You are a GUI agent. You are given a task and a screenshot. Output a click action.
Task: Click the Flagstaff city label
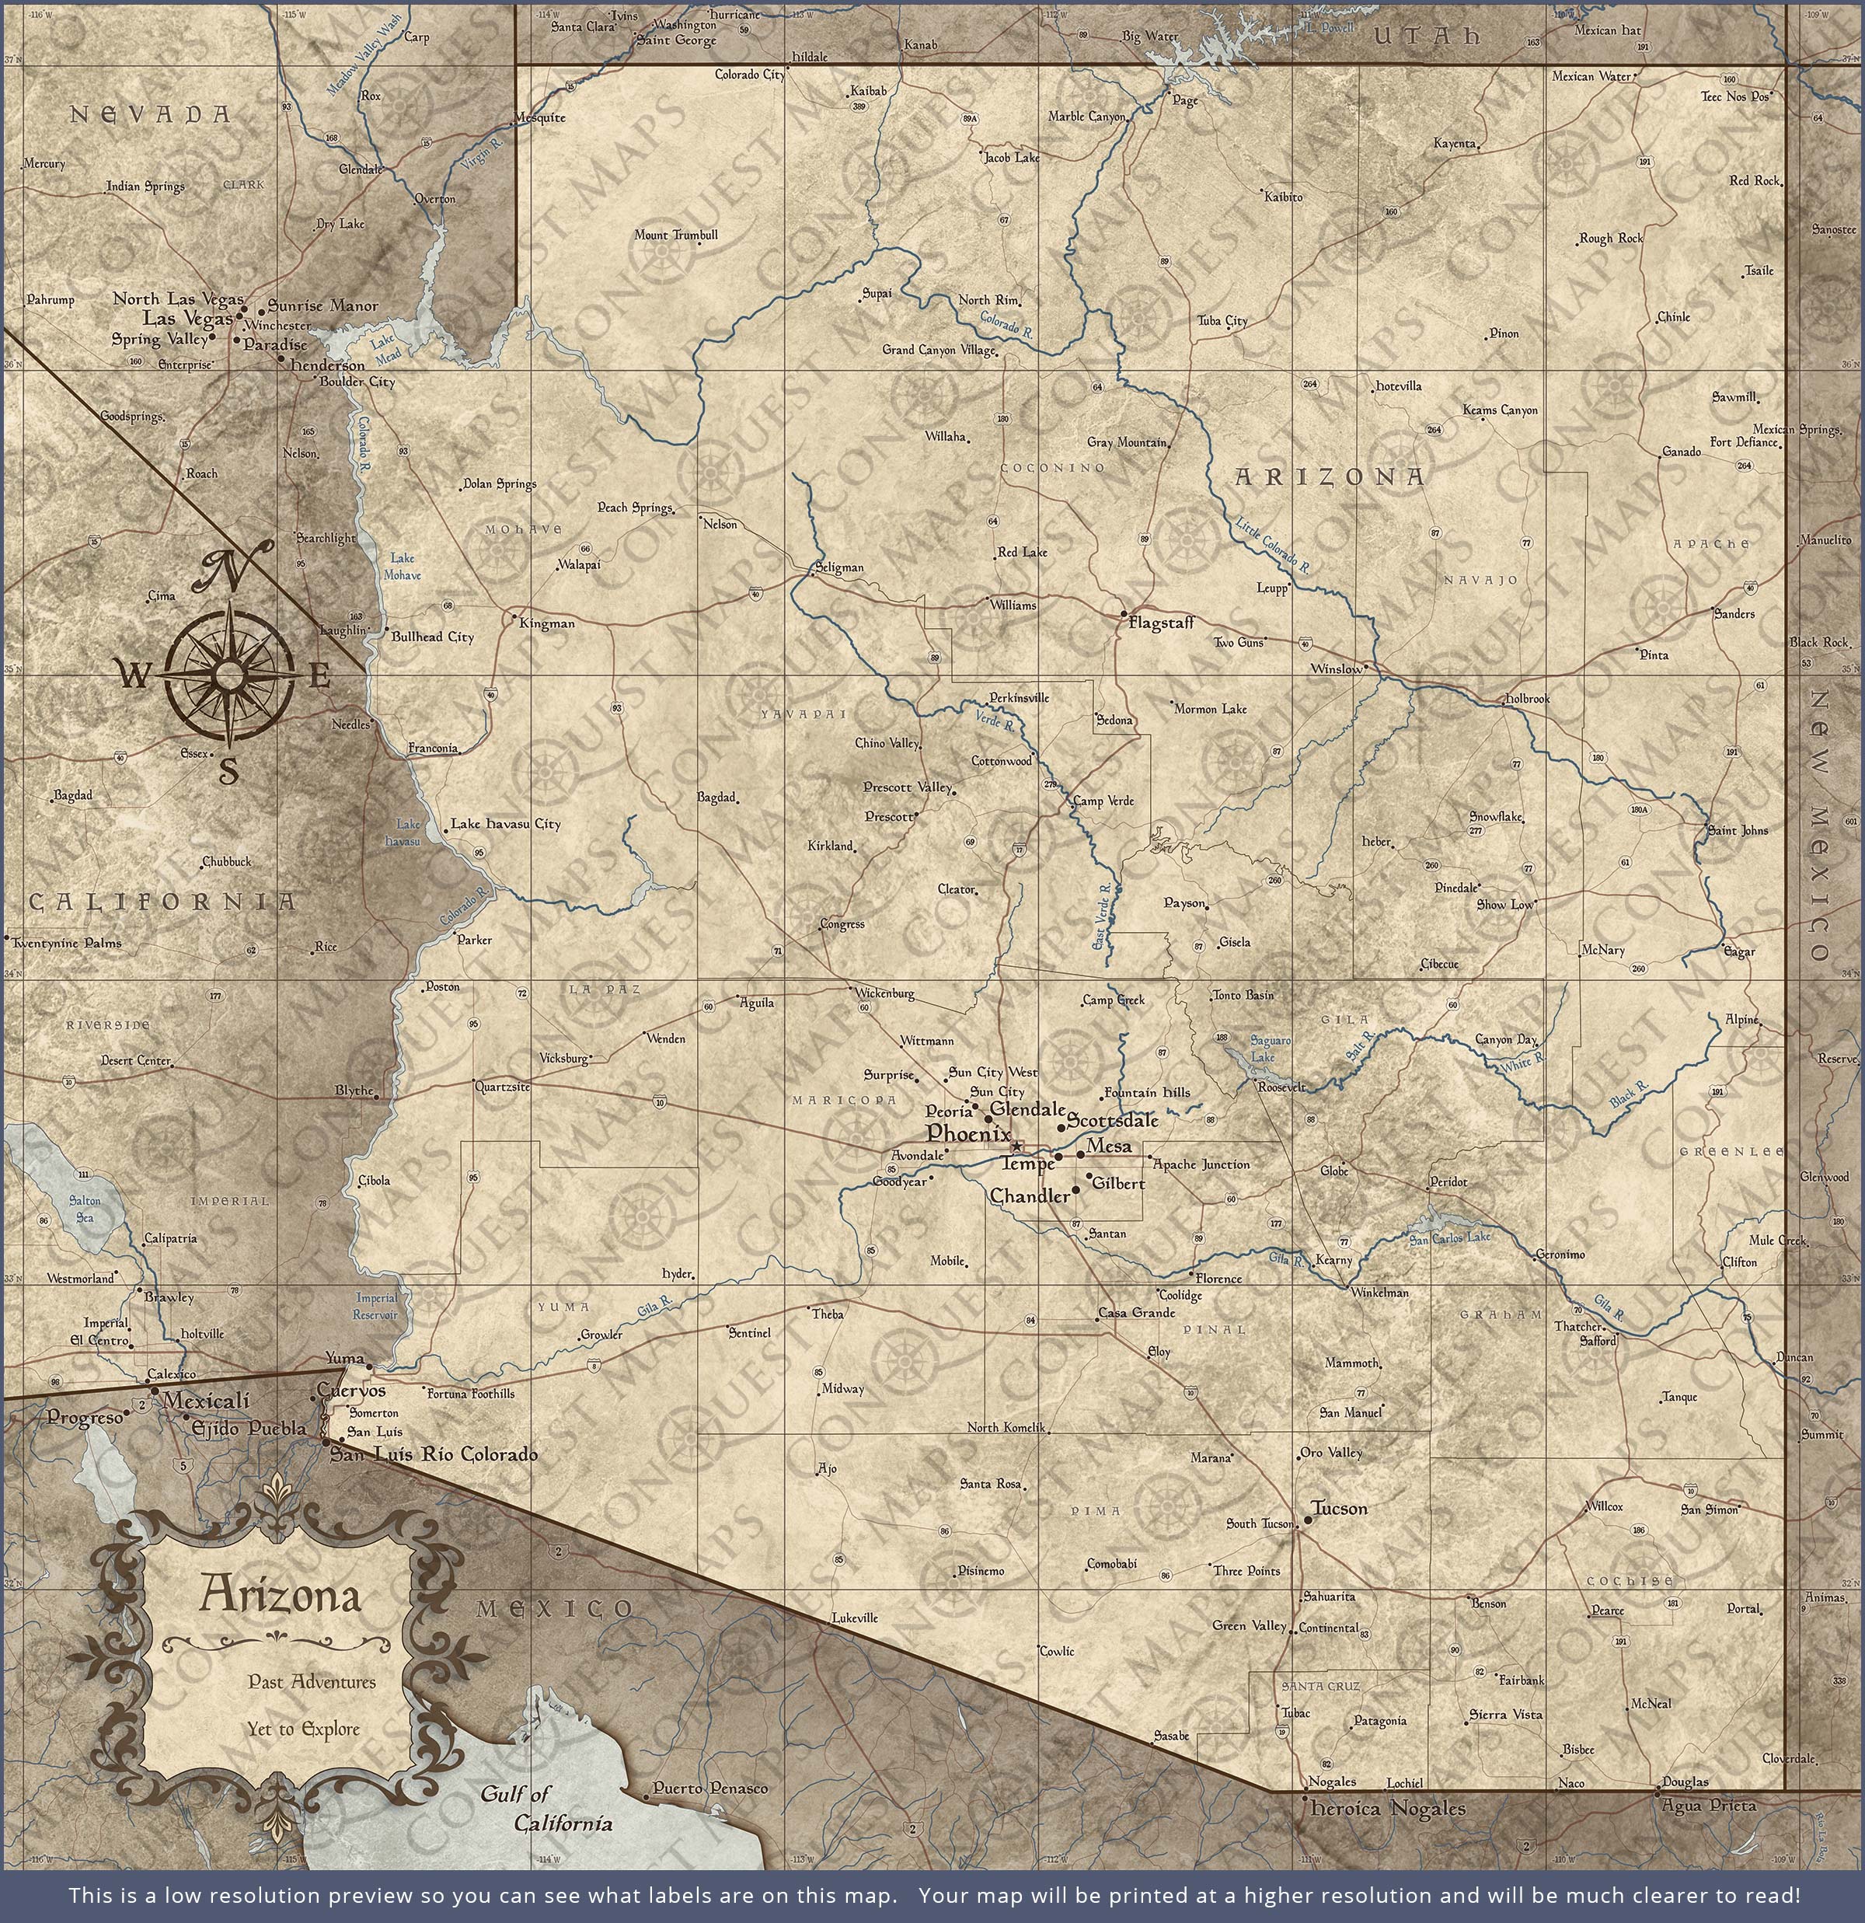click(x=1161, y=622)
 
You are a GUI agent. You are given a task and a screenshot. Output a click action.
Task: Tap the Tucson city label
click(x=1338, y=1508)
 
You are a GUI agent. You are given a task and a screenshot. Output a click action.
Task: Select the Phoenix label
click(x=968, y=1133)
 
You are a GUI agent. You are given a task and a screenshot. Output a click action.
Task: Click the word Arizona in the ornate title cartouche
click(x=281, y=1594)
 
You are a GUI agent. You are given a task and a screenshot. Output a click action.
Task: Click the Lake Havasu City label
click(x=505, y=824)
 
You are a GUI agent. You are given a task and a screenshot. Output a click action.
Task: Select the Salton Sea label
click(x=85, y=1208)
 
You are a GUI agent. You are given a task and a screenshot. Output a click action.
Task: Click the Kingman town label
click(x=546, y=623)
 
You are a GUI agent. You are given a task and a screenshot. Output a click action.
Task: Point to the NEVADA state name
click(x=151, y=115)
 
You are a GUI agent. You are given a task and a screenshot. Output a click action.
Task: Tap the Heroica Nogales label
click(x=1387, y=1808)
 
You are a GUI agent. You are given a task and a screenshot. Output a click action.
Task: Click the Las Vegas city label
click(x=187, y=318)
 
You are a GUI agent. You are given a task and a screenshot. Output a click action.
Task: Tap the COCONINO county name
click(x=1053, y=468)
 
